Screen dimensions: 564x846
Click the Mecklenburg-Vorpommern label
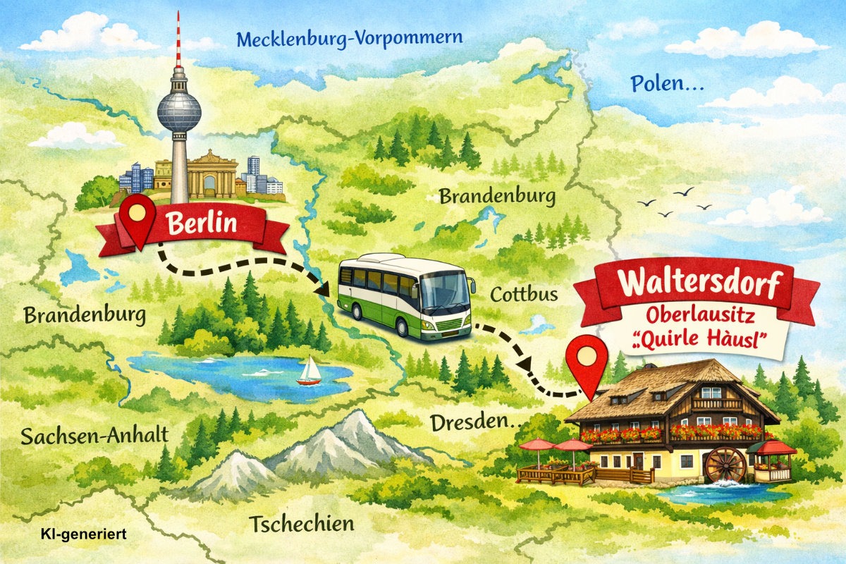click(x=350, y=39)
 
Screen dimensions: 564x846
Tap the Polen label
click(x=666, y=84)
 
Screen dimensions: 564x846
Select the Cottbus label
click(x=524, y=293)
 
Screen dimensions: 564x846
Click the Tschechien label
click(x=301, y=524)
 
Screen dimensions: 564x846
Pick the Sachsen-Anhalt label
click(x=94, y=435)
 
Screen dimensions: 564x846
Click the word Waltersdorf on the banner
click(x=699, y=283)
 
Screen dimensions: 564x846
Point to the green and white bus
click(x=404, y=295)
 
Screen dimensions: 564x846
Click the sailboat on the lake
click(x=309, y=371)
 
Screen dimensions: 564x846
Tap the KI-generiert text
click(x=82, y=534)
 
